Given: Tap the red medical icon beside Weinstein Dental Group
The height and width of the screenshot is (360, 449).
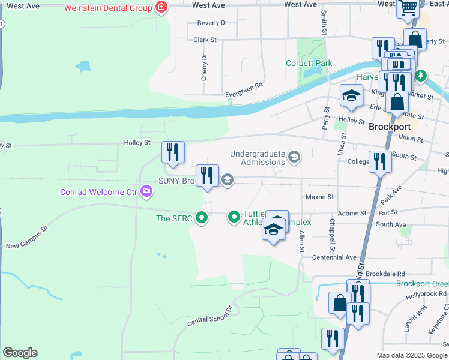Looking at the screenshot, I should [x=160, y=7].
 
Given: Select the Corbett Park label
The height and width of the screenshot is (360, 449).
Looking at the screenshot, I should [x=309, y=62].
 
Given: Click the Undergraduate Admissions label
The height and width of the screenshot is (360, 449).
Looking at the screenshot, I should [x=257, y=158].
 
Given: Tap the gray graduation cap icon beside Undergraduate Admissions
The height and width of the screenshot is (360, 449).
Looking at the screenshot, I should [x=294, y=158].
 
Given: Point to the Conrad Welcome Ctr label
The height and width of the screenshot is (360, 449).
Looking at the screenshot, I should [x=98, y=193].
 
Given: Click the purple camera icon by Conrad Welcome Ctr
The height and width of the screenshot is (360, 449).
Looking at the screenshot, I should [x=146, y=192].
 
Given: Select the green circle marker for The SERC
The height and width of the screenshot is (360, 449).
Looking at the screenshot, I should [x=203, y=218].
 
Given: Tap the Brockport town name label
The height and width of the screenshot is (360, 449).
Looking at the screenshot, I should [x=389, y=127].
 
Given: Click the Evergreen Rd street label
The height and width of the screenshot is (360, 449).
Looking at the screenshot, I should [x=244, y=86].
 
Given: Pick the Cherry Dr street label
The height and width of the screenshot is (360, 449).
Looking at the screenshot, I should [x=205, y=68].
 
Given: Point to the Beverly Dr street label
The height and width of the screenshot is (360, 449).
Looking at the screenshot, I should [x=212, y=23].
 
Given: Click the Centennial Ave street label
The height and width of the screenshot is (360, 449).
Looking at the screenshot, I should [x=334, y=257].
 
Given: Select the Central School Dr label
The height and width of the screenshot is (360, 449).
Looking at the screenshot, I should [x=209, y=316].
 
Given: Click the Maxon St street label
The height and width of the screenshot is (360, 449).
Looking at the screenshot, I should [x=319, y=197].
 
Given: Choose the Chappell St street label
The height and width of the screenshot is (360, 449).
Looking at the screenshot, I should [x=332, y=235].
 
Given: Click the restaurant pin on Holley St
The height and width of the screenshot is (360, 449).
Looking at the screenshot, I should [x=173, y=152].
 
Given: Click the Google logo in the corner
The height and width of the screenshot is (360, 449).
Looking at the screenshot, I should [x=20, y=353].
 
